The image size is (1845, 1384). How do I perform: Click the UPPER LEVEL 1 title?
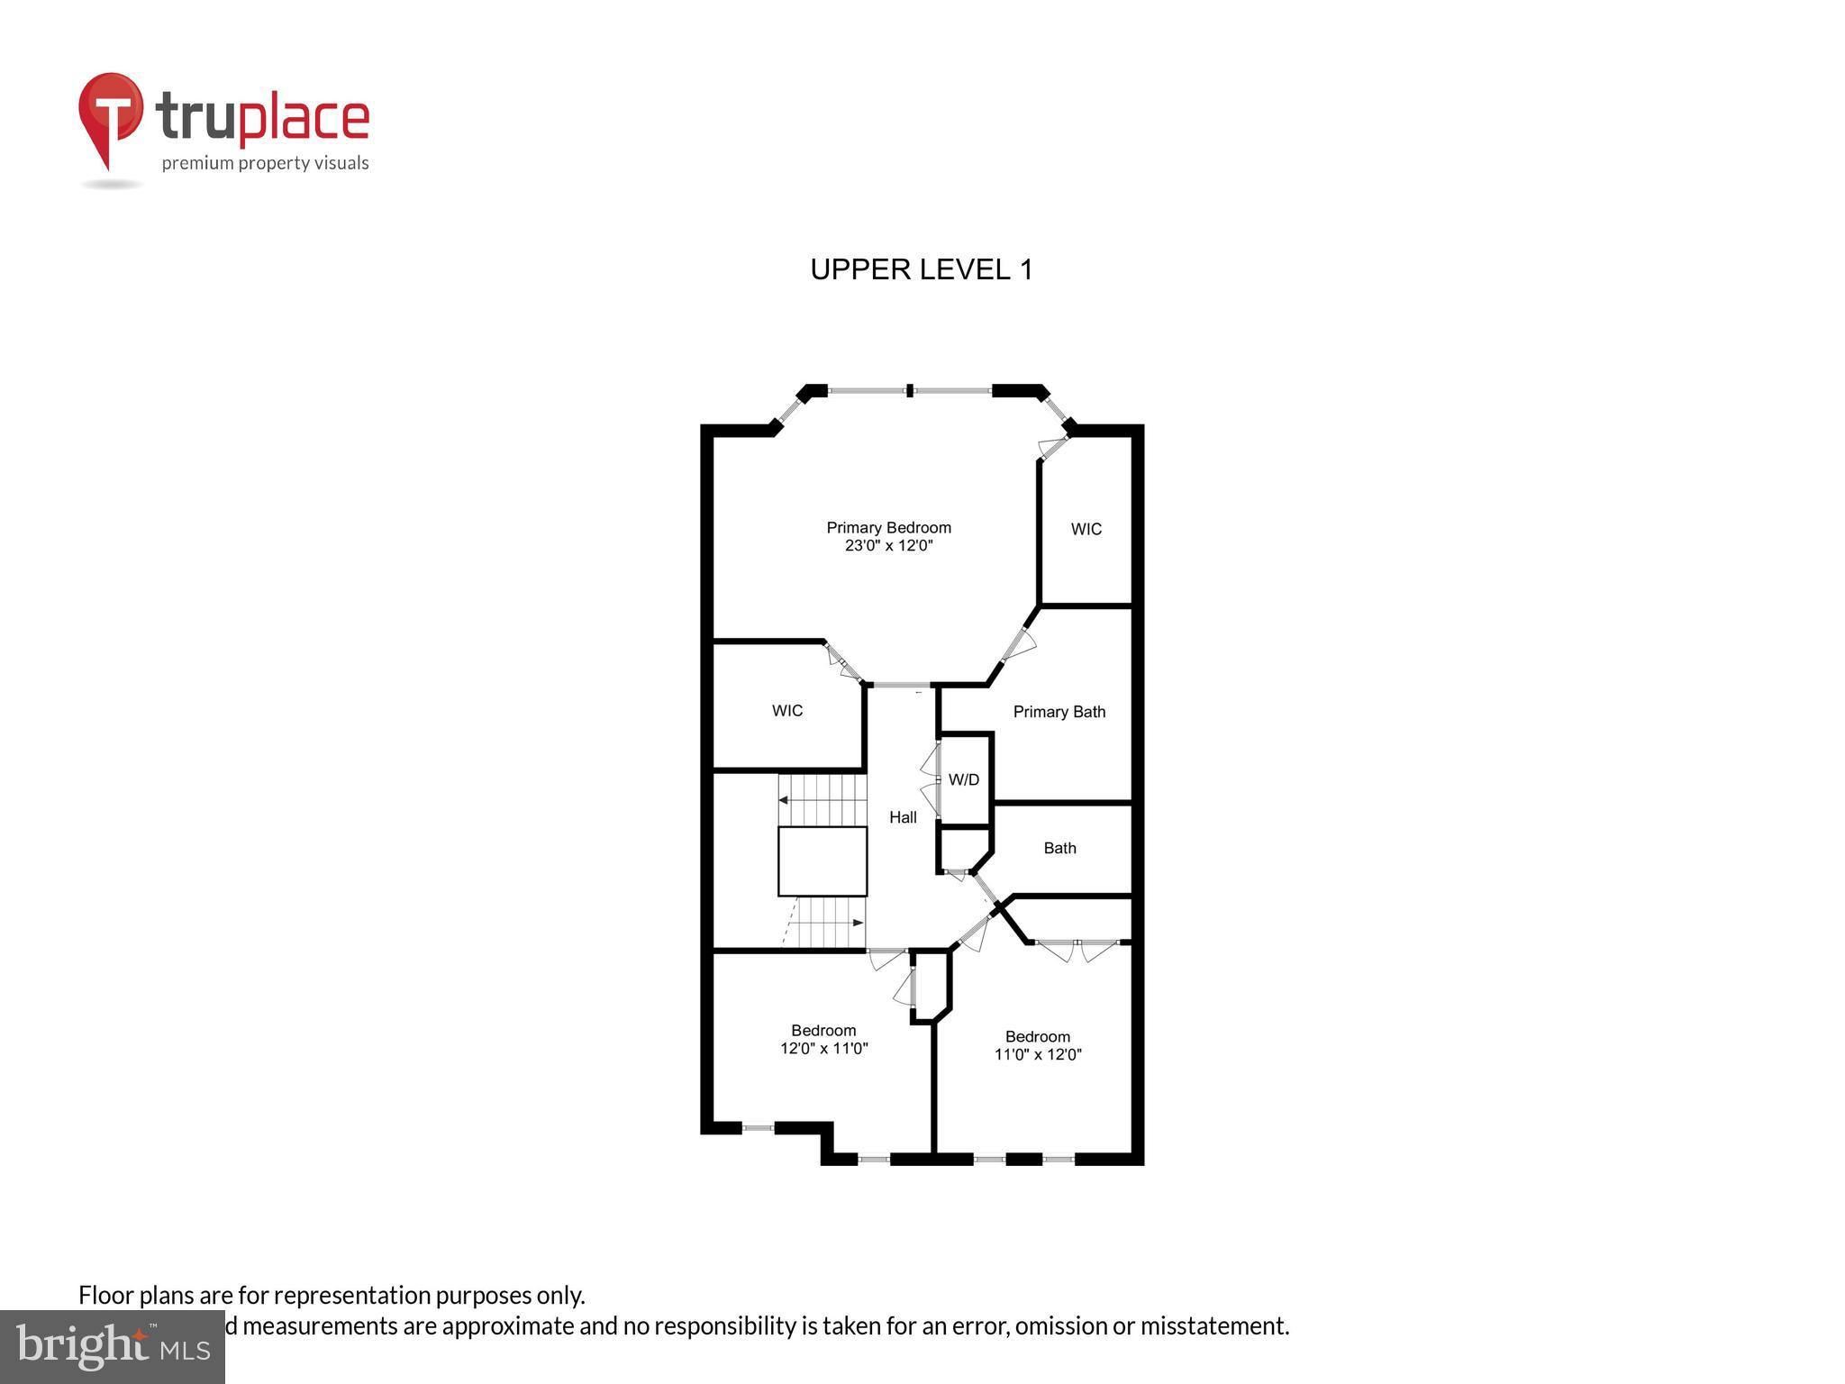(x=921, y=269)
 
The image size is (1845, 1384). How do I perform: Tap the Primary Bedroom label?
(x=888, y=528)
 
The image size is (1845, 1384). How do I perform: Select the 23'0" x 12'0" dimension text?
(x=888, y=546)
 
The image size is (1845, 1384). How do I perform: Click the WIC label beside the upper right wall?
(x=1086, y=530)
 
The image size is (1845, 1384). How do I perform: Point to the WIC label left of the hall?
(x=786, y=711)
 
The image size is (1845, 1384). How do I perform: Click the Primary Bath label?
(x=1059, y=712)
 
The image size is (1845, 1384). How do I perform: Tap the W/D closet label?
(x=963, y=780)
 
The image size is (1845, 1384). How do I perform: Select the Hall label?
(x=903, y=817)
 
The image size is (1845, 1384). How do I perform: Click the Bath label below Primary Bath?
(x=1059, y=848)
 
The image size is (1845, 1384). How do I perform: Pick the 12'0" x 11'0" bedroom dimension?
(x=823, y=1049)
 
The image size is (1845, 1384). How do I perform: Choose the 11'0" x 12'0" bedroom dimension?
(x=1037, y=1055)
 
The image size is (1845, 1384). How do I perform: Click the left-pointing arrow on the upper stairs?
(x=784, y=800)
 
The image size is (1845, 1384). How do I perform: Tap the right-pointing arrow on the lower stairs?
(x=858, y=924)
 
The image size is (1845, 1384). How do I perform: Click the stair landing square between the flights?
(x=823, y=861)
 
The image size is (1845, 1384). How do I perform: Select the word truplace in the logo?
(x=262, y=117)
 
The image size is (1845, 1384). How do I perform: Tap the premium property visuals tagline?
(x=265, y=163)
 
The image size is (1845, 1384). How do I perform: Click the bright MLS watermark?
(x=112, y=1346)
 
